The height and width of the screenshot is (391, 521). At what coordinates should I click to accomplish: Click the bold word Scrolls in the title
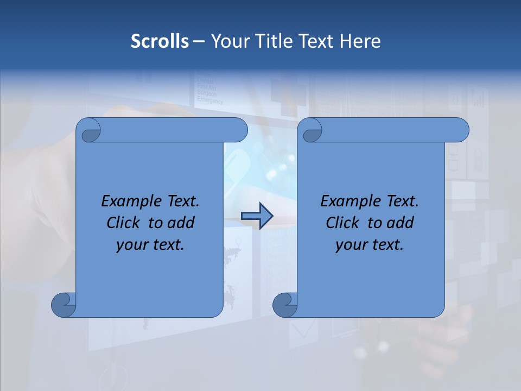pos(160,41)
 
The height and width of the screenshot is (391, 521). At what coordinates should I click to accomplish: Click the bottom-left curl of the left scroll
pos(63,304)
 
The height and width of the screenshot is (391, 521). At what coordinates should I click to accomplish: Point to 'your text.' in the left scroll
pos(150,244)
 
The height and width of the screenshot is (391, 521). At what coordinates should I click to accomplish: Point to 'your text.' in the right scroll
pos(370,244)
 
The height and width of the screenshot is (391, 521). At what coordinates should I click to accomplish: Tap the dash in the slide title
pos(199,41)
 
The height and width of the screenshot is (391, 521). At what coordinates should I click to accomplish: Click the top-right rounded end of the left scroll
pos(239,130)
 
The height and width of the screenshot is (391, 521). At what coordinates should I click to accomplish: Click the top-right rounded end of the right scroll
pos(460,130)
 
